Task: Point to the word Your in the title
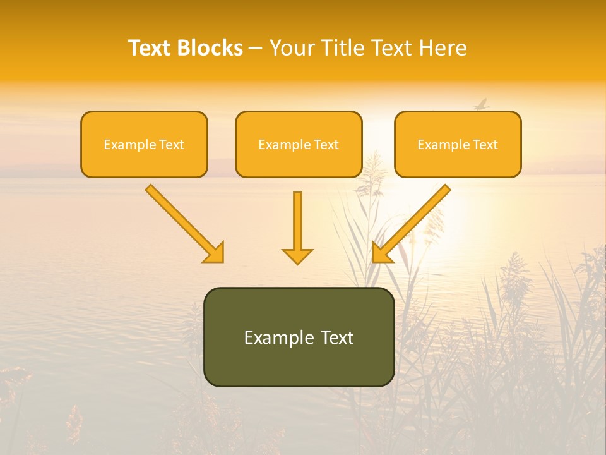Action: coord(292,48)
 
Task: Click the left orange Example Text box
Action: coord(144,145)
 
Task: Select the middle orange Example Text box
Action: coord(299,145)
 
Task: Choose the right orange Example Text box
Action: coord(458,145)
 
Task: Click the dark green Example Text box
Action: coord(299,337)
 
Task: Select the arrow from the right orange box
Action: coord(413,222)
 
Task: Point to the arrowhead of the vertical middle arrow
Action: coord(297,255)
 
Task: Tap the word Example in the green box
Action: coord(272,337)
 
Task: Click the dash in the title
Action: coord(256,48)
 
